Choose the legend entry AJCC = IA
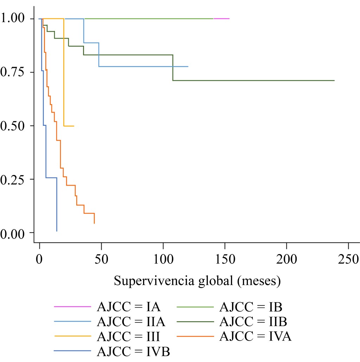coord(129,307)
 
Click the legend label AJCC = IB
coord(251,307)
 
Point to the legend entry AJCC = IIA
coord(131,321)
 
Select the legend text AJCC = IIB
coord(253,321)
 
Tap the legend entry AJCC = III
coord(129,336)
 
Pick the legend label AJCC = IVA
coord(255,336)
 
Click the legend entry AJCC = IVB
coord(134,351)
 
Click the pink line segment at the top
coord(221,18)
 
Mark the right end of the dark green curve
coord(334,80)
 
